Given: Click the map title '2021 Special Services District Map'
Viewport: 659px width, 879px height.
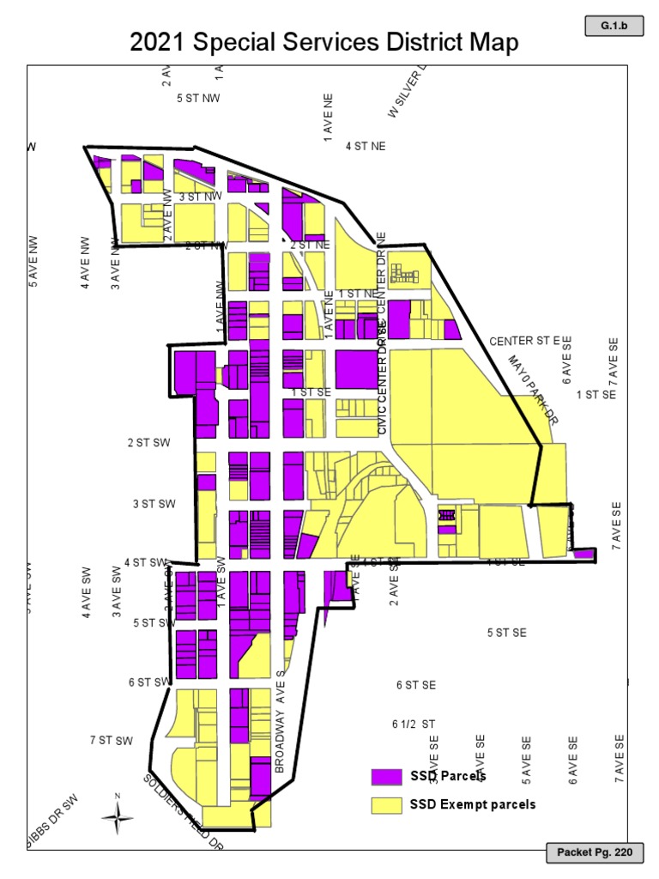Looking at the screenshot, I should [323, 43].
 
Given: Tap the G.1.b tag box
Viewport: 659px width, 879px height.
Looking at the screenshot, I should [614, 27].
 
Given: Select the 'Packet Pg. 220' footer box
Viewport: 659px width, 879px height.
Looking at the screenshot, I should [595, 853].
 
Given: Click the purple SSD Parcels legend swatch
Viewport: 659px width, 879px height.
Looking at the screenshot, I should [386, 777].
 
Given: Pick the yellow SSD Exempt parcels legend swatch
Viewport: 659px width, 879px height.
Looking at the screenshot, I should [386, 805].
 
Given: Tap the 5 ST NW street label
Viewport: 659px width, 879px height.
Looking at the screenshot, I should [198, 99].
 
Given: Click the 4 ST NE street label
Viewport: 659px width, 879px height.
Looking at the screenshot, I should [366, 147].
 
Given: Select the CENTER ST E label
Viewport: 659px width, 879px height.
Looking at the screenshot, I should [524, 342].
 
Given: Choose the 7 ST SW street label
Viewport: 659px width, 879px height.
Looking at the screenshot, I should [112, 740].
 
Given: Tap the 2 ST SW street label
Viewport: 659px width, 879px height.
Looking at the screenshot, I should [149, 443].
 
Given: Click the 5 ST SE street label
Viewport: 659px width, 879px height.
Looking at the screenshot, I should [506, 633].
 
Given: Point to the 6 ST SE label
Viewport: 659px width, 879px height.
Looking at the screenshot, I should [416, 685].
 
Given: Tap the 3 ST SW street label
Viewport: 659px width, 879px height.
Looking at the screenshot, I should [154, 504].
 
